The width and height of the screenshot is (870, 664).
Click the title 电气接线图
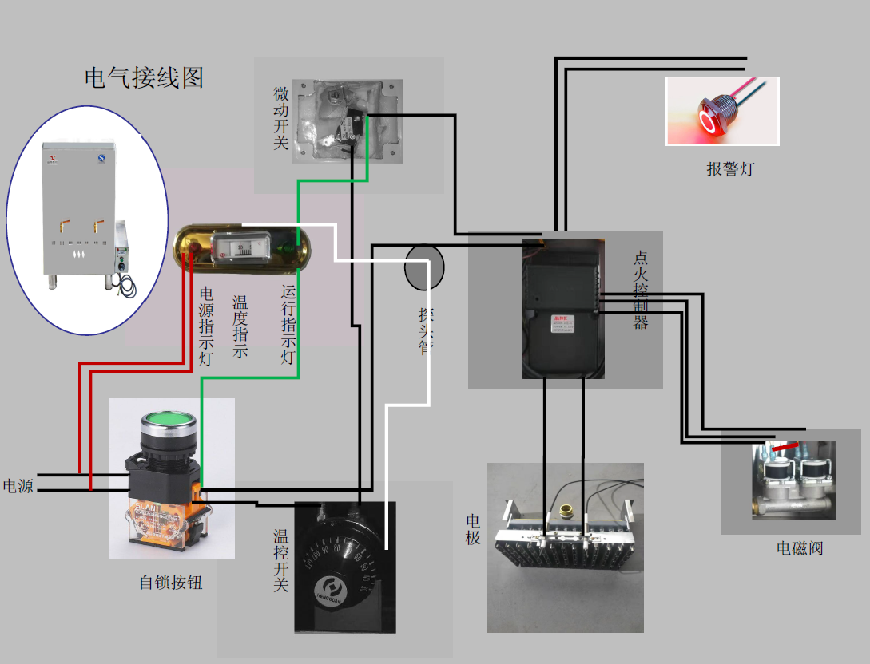(x=144, y=77)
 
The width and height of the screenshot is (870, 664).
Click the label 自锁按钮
(x=171, y=583)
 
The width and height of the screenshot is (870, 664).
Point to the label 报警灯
(x=729, y=169)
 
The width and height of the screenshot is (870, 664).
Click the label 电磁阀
(x=800, y=548)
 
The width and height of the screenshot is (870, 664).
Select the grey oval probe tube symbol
(x=423, y=268)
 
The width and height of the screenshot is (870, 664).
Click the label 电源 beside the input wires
(x=18, y=485)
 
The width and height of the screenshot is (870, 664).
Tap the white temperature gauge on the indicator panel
(x=244, y=247)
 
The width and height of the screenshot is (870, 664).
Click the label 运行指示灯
(x=288, y=325)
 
